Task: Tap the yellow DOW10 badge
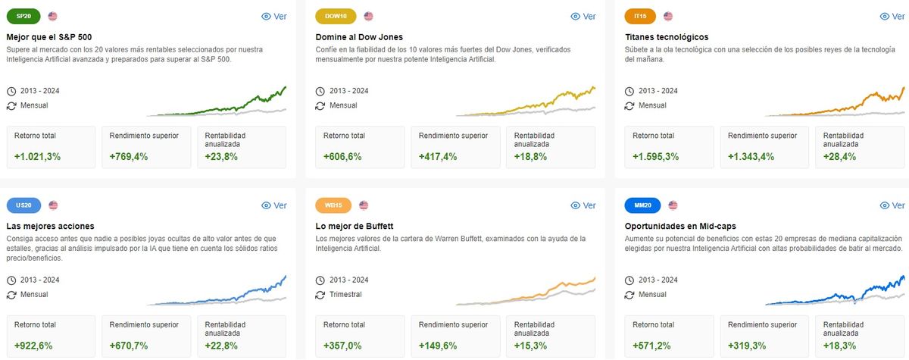click(335, 16)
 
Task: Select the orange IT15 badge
click(640, 16)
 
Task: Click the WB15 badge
click(333, 205)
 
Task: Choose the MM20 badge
click(643, 205)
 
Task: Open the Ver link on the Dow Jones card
click(583, 16)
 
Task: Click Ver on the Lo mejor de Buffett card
click(583, 205)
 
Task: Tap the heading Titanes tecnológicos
click(666, 36)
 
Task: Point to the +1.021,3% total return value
click(38, 157)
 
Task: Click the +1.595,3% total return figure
click(656, 157)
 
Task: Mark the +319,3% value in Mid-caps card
click(748, 346)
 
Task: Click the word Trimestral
click(345, 295)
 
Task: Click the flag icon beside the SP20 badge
click(52, 16)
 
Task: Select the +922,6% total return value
click(35, 346)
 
